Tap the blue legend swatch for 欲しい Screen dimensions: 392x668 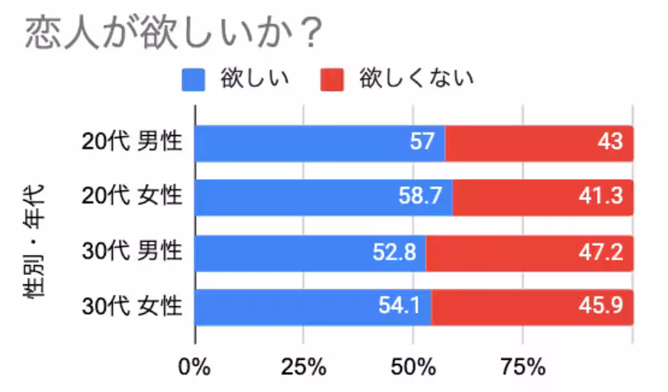pos(195,79)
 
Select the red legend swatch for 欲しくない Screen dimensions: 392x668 pos(332,79)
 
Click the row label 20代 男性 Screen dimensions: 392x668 pos(132,142)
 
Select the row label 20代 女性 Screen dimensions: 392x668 pos(132,197)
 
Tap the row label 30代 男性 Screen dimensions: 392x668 pos(132,251)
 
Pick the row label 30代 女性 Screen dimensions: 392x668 pos(132,306)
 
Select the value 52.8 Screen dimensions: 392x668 pos(394,252)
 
